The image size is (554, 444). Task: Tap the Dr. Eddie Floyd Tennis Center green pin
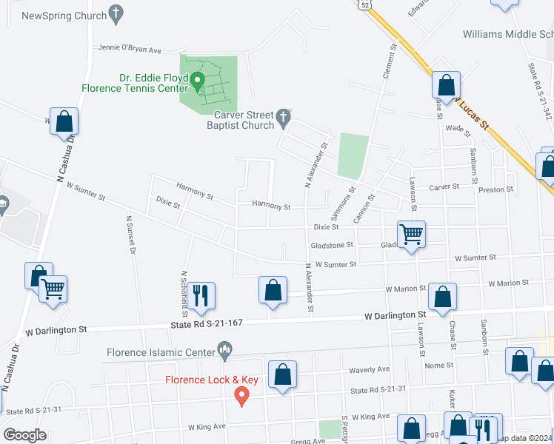pyautogui.click(x=198, y=81)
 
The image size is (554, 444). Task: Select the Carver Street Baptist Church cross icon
pyautogui.click(x=282, y=117)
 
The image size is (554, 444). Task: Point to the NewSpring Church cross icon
pyautogui.click(x=115, y=13)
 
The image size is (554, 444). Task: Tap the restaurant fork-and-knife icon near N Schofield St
pyautogui.click(x=201, y=295)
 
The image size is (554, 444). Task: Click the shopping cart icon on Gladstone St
pyautogui.click(x=411, y=234)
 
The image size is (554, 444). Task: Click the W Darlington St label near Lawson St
pyautogui.click(x=395, y=316)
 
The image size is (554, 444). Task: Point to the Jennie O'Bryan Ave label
pyautogui.click(x=130, y=50)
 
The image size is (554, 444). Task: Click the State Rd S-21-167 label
pyautogui.click(x=207, y=323)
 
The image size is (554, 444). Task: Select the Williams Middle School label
pyautogui.click(x=508, y=34)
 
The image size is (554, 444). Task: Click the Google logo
pyautogui.click(x=24, y=434)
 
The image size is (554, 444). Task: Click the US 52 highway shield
pyautogui.click(x=364, y=4)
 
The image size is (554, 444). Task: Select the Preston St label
pyautogui.click(x=496, y=189)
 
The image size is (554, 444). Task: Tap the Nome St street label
pyautogui.click(x=439, y=366)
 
